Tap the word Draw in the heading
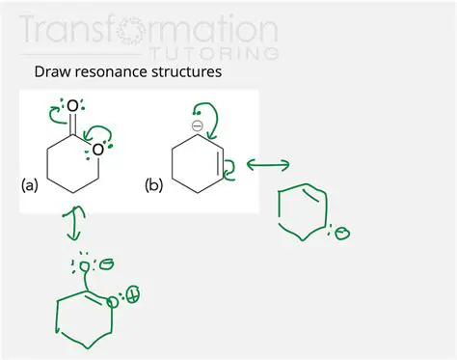[52, 71]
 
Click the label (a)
[30, 182]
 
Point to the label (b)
[153, 182]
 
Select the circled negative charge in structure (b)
[198, 125]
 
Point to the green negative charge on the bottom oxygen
[107, 263]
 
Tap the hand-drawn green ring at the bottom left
[83, 318]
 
